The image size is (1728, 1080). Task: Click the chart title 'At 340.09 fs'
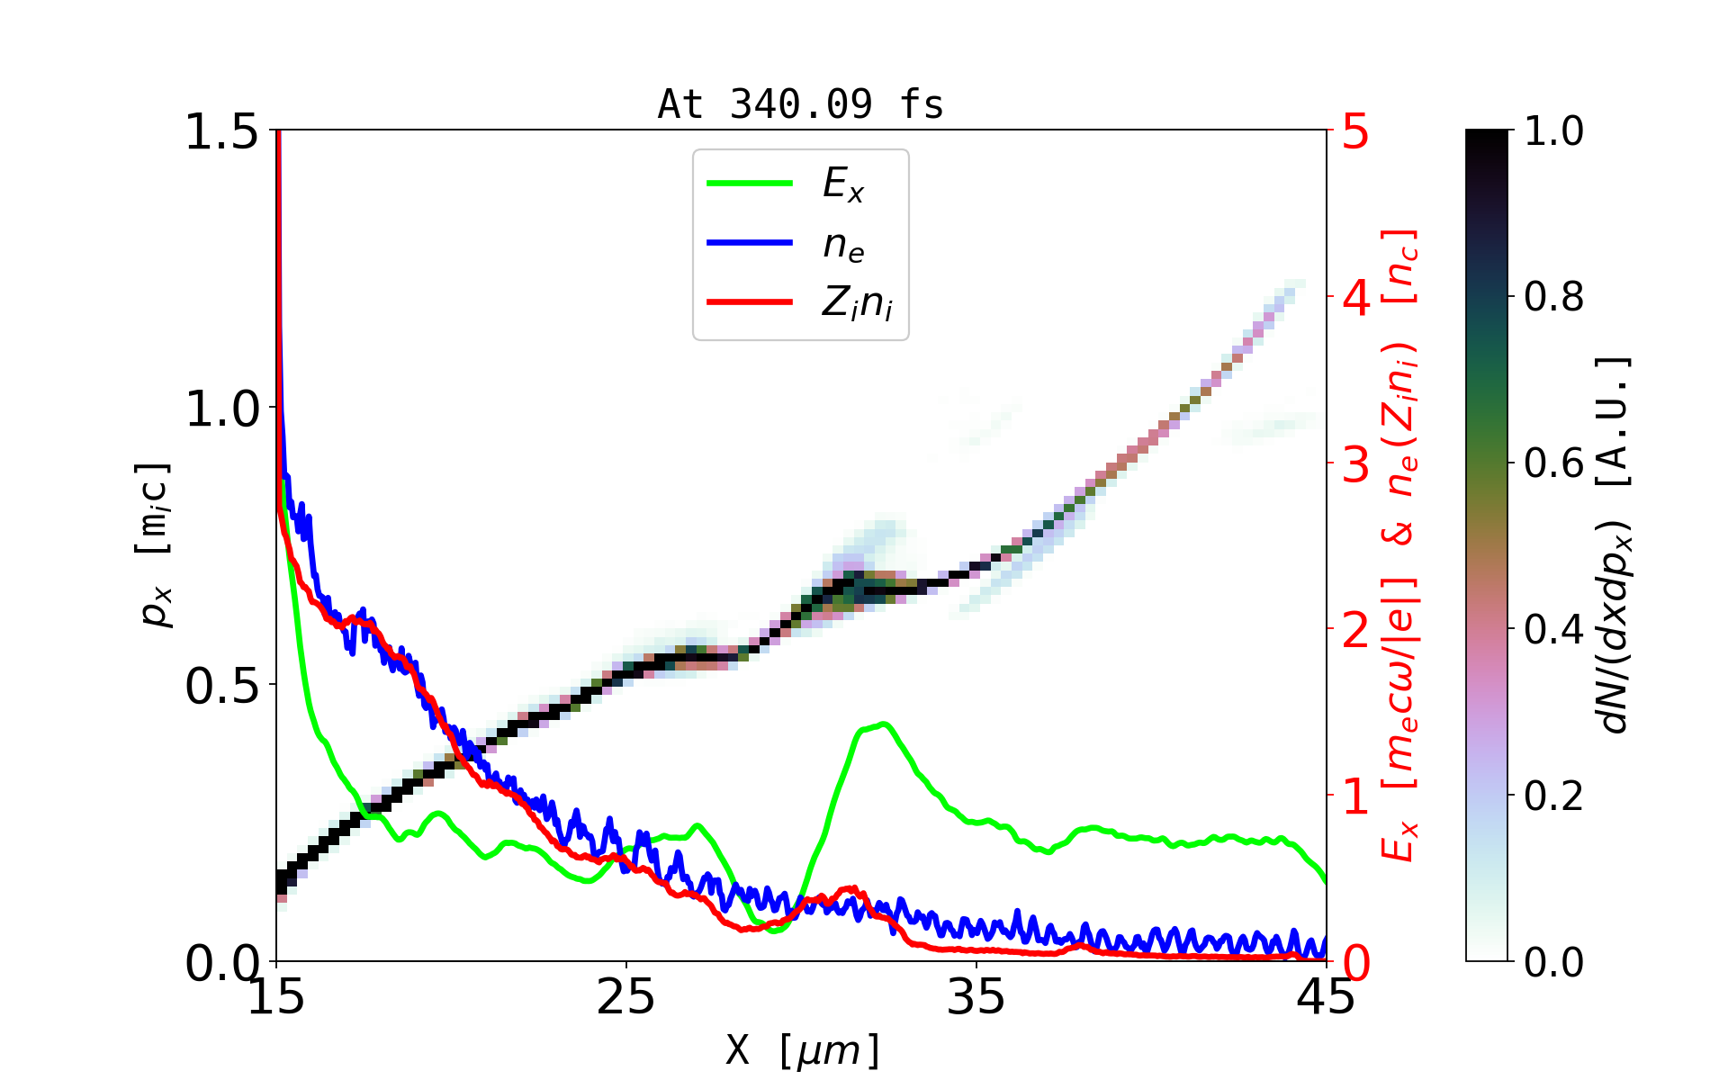(x=800, y=104)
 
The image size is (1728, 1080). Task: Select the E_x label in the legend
(x=843, y=184)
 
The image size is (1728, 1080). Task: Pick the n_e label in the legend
(x=843, y=244)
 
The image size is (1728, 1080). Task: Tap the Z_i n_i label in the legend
(x=857, y=303)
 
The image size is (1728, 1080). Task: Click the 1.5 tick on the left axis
(x=221, y=132)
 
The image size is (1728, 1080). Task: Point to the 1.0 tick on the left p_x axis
(x=221, y=409)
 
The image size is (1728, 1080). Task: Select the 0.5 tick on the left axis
(x=221, y=687)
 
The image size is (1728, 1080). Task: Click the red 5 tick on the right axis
(x=1356, y=132)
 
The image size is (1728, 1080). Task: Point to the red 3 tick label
(x=1356, y=464)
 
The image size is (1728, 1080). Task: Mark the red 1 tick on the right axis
(x=1356, y=796)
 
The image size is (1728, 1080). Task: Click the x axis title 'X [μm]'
(x=803, y=1049)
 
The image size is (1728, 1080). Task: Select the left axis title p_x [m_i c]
(x=154, y=544)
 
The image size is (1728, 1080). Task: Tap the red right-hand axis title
(x=1400, y=544)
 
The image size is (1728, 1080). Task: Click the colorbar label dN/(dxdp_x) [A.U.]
(x=1615, y=544)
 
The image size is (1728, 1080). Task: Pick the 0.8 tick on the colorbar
(x=1553, y=297)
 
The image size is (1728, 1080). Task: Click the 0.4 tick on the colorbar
(x=1553, y=630)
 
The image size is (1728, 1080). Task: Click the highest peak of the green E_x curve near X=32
(x=884, y=724)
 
